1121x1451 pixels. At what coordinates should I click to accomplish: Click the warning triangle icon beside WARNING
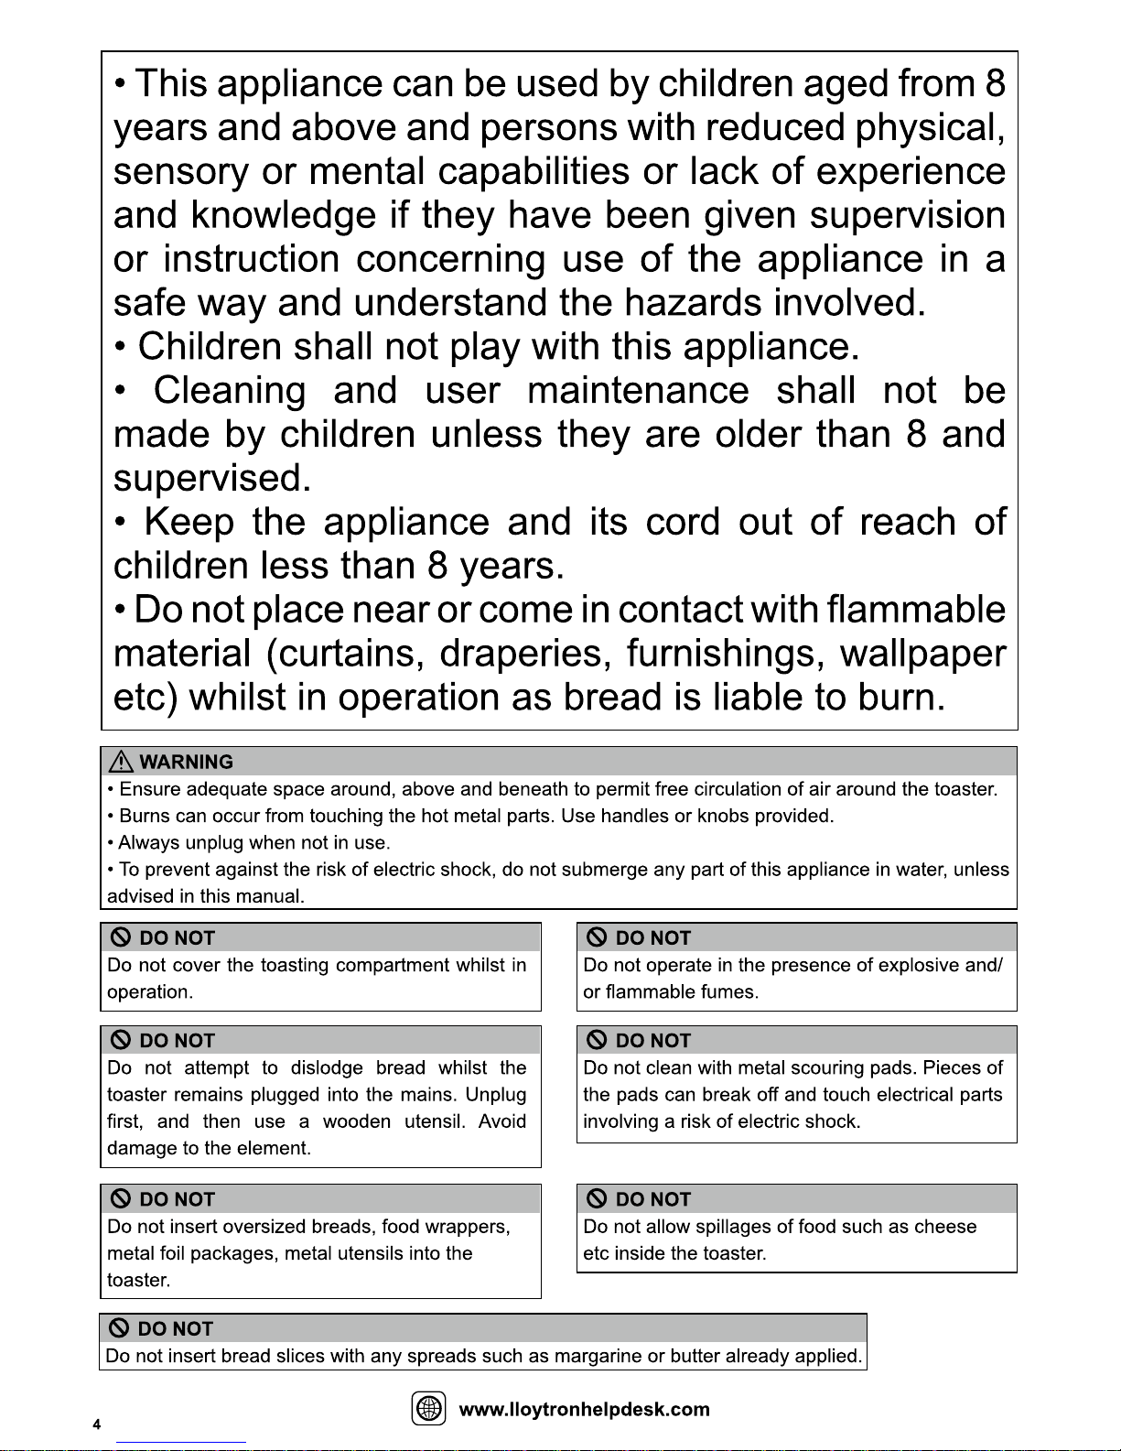pos(121,762)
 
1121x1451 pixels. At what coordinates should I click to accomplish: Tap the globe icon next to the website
pos(428,1409)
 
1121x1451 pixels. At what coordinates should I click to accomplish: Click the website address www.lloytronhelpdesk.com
pos(584,1410)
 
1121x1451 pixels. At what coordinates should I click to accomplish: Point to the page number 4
pos(96,1424)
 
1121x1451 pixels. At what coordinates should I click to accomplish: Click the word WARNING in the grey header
pos(186,762)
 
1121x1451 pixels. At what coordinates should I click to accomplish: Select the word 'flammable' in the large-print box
pos(915,610)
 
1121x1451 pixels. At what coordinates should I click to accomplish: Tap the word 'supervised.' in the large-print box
pos(211,478)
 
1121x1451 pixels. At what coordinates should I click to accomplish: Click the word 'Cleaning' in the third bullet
pos(230,390)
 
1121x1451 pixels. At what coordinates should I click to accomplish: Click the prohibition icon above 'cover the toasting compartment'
pos(120,937)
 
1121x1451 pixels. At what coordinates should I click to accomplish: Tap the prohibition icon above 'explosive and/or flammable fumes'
pos(597,937)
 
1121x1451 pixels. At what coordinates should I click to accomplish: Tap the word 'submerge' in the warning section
pos(605,870)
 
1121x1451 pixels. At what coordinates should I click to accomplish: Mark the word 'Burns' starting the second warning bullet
pos(145,816)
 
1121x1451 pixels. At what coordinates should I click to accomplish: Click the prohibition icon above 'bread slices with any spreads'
pos(119,1328)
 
